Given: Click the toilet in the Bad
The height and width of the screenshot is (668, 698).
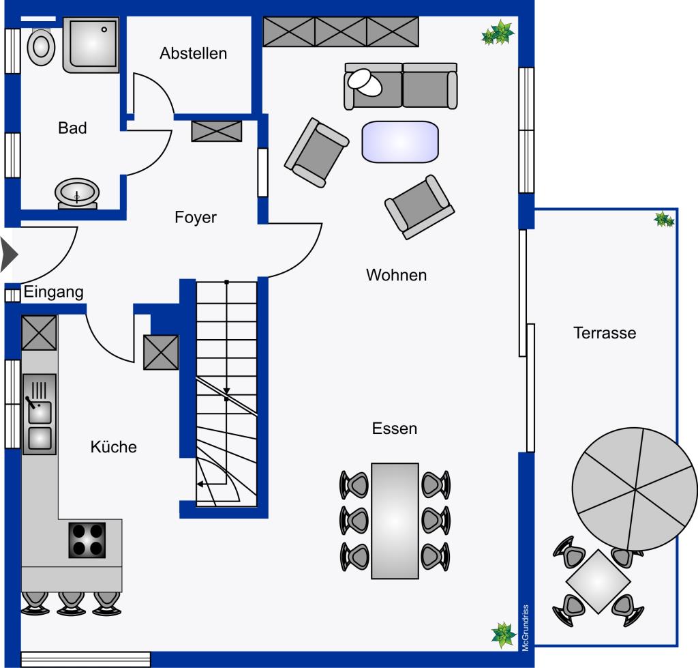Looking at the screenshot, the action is click(41, 46).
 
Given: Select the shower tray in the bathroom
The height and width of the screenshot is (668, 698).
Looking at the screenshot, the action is click(91, 44).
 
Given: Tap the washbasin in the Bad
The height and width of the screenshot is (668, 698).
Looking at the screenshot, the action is click(77, 194).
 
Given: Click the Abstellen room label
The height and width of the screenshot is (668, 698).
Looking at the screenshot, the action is click(194, 53).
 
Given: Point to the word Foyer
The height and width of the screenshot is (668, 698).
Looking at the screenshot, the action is click(196, 218).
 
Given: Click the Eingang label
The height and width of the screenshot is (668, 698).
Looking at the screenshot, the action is click(53, 292).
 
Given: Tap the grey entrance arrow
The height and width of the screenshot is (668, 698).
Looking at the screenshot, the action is click(9, 255).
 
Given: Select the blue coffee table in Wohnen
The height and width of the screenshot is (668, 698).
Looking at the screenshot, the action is click(400, 142).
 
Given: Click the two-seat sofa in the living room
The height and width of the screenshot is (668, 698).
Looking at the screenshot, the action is click(401, 86).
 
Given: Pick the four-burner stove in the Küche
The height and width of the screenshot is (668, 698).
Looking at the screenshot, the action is click(87, 540).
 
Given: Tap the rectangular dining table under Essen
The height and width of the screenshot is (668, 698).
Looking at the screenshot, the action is click(395, 521).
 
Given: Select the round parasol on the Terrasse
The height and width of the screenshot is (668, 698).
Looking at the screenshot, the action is click(635, 489).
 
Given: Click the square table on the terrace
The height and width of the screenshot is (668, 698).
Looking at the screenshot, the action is click(598, 581).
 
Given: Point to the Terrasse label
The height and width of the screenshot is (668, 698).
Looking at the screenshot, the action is click(605, 333).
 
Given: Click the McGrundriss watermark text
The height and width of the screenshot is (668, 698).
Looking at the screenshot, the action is click(526, 628).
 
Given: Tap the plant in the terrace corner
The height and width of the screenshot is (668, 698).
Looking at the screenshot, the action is click(664, 219).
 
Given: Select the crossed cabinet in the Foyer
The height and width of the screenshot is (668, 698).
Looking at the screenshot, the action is click(217, 131).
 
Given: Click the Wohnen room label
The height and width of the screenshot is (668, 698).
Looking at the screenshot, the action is click(396, 275).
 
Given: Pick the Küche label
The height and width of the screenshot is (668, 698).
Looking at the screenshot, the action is click(114, 446).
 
